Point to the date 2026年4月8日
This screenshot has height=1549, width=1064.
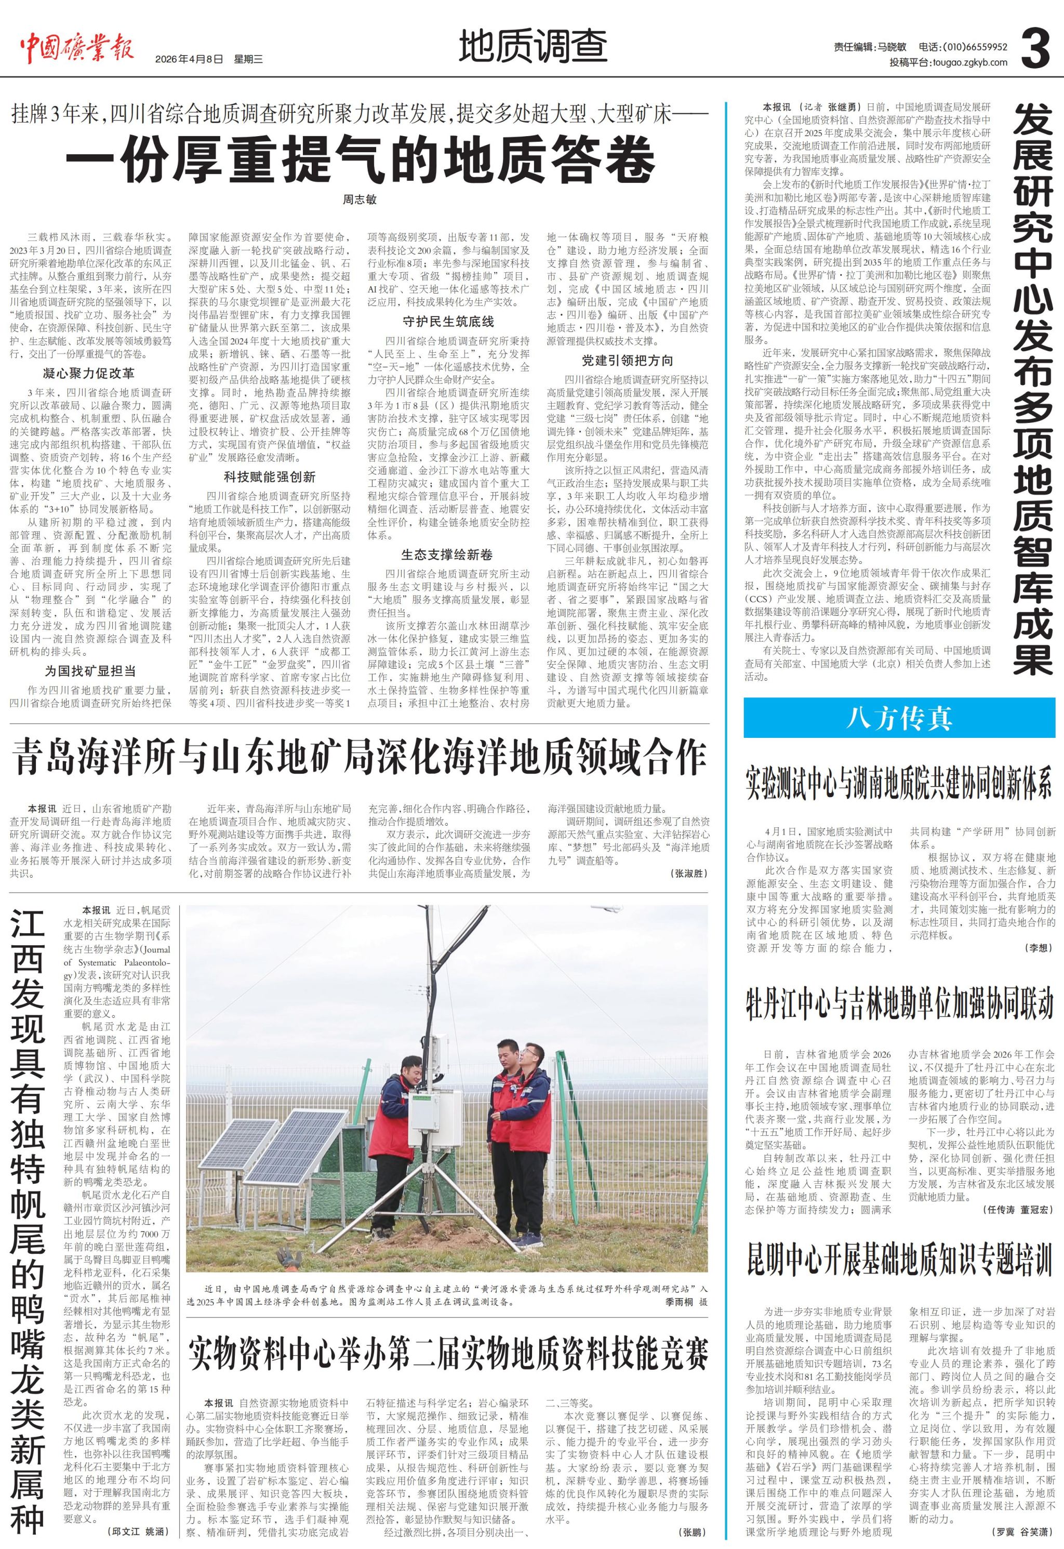(188, 59)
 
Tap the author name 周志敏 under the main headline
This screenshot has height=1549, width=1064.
(360, 200)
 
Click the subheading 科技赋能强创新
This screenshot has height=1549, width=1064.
(269, 477)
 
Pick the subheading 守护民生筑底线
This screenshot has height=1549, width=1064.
(448, 322)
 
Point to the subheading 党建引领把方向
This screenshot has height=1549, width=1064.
(627, 361)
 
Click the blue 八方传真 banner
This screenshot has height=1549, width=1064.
(899, 718)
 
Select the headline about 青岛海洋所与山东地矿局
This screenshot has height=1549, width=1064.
(360, 758)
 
